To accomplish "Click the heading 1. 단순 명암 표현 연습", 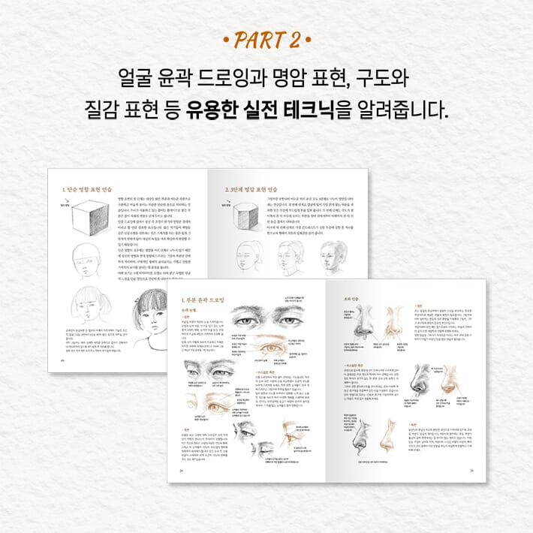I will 91,190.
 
